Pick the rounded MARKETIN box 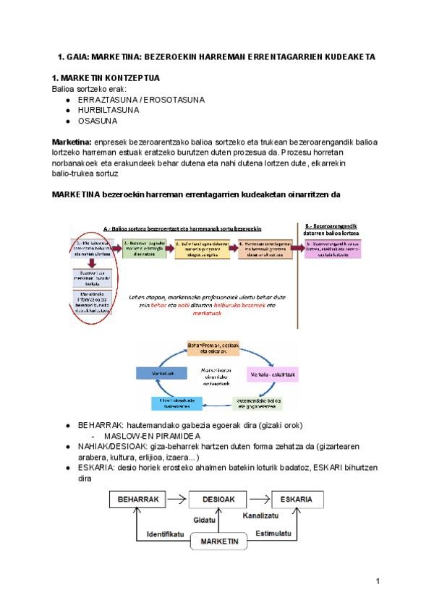[x=218, y=541]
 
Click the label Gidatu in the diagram [x=205, y=520]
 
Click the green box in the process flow [x=139, y=249]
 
